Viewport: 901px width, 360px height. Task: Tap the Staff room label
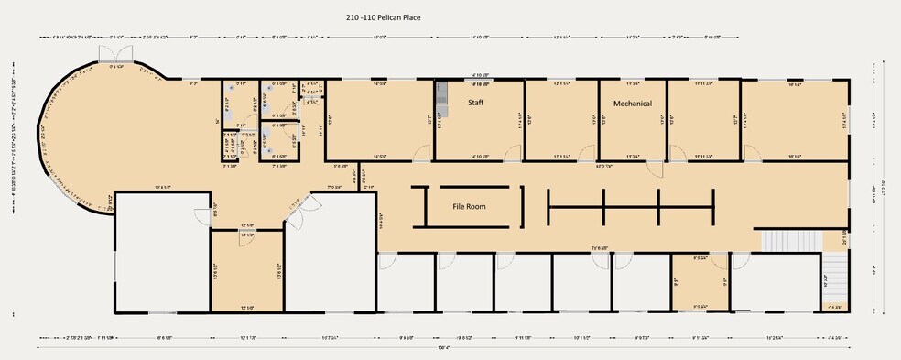coord(476,103)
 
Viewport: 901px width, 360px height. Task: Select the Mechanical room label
coord(633,104)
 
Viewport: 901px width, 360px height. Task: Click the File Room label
coord(469,206)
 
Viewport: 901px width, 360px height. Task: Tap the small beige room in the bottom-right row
coord(700,284)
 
